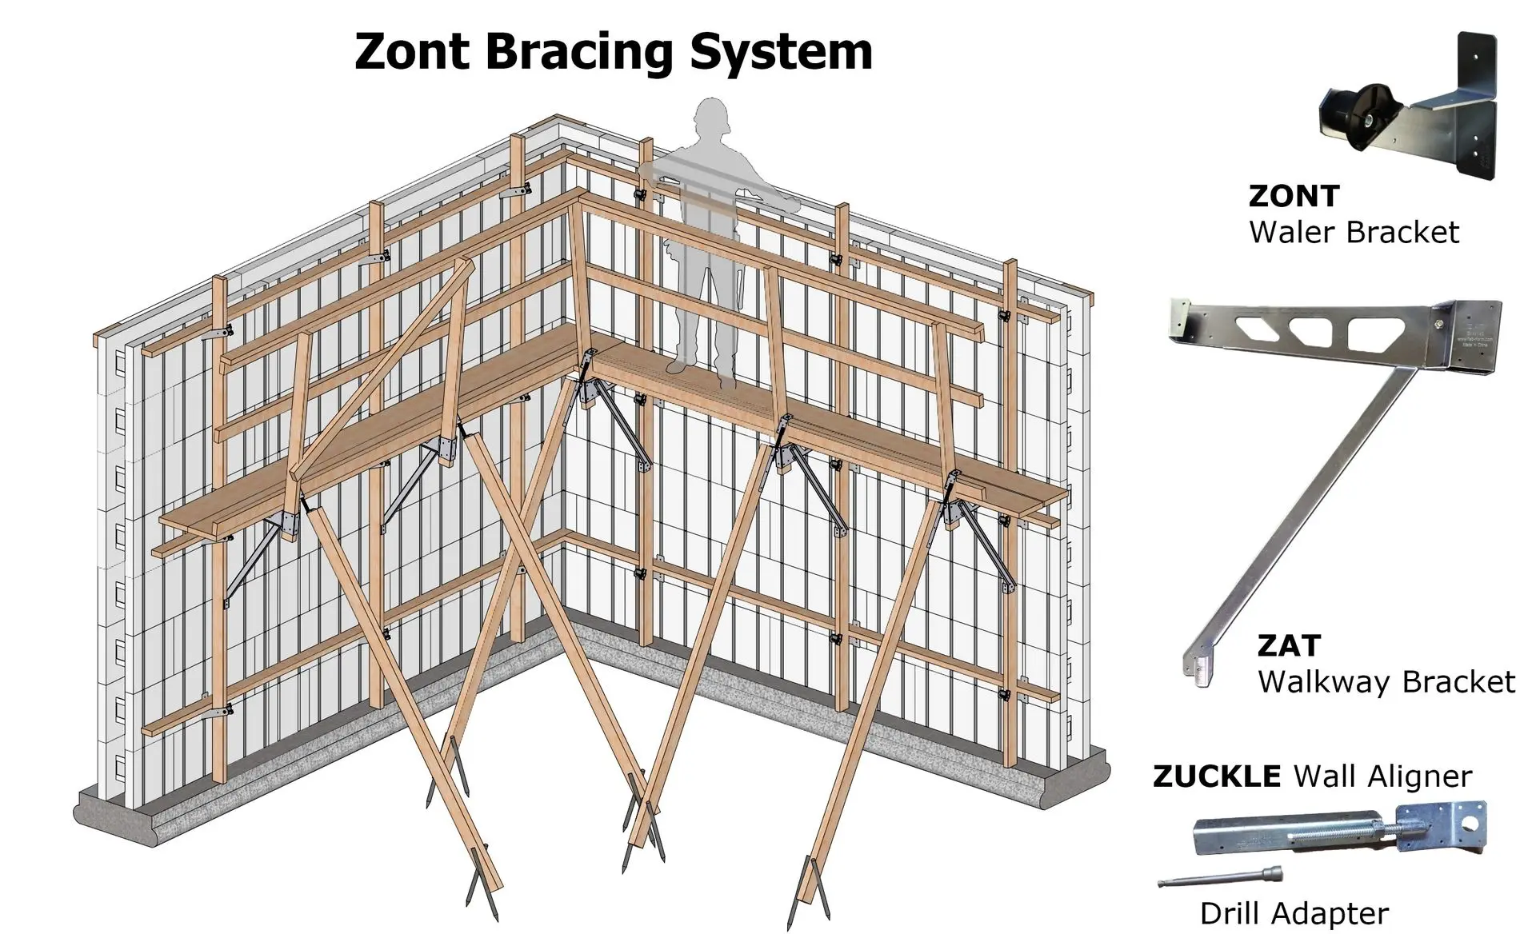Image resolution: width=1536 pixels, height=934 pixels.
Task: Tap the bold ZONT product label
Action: [x=1294, y=196]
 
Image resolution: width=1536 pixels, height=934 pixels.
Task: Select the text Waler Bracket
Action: [x=1354, y=233]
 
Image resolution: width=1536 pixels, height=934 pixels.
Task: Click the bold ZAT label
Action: [x=1288, y=645]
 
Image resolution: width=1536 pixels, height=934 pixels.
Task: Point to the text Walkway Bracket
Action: [x=1386, y=682]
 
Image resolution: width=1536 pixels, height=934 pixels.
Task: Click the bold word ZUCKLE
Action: [x=1216, y=776]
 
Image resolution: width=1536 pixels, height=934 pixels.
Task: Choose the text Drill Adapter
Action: [x=1294, y=913]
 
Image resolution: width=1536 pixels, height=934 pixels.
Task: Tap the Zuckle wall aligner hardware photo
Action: [x=1340, y=833]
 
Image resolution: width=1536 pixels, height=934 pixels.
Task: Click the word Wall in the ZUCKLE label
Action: [x=1326, y=776]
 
